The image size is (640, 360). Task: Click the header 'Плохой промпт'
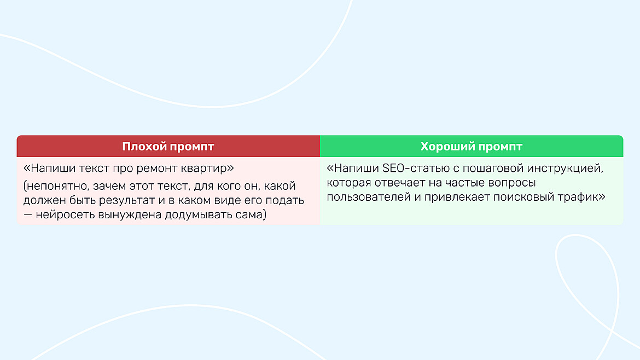(168, 147)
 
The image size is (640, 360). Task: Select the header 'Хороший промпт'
(471, 147)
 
